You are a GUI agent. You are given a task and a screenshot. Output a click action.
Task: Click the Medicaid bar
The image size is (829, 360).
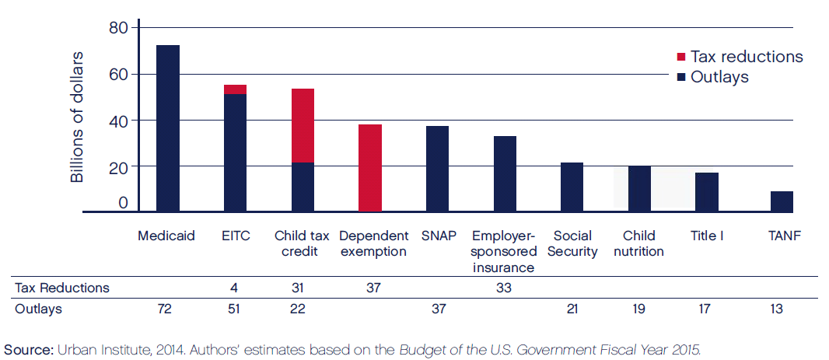coord(168,128)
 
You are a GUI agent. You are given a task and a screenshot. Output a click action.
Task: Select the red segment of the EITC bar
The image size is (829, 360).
coord(235,89)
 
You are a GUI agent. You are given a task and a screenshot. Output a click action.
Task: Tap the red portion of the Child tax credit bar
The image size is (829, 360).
coord(303,125)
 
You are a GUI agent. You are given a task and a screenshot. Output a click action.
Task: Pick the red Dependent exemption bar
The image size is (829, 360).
coord(370,168)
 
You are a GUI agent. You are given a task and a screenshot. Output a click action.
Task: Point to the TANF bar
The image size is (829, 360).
coord(782,201)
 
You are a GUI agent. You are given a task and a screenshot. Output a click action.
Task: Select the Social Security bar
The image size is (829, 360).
coord(572,187)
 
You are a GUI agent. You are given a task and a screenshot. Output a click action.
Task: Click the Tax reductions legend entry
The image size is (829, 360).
coord(740,57)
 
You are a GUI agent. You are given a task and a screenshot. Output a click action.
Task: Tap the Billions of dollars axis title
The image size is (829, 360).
coord(78,117)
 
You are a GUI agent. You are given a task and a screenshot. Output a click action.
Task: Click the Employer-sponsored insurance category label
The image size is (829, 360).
coord(505,251)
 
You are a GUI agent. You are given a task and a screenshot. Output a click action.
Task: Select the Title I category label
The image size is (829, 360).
coord(707,236)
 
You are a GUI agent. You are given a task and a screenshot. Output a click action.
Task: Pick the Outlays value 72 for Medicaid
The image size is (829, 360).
coord(165,309)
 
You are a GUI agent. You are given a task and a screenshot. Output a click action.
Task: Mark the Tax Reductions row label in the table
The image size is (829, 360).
coord(62,288)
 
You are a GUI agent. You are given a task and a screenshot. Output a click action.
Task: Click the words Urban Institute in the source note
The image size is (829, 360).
coord(95,348)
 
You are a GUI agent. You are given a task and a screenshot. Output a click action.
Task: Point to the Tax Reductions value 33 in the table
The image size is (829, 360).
coord(504,288)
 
